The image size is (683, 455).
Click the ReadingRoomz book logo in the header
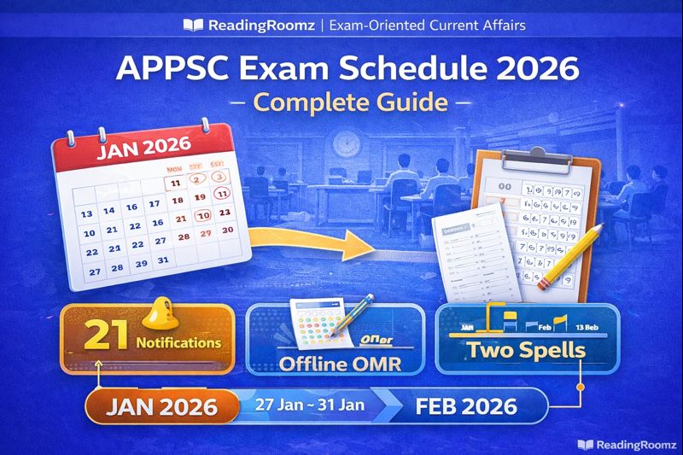click(x=193, y=25)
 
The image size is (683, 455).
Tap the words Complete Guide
click(x=341, y=102)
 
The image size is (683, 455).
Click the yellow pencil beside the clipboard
click(x=564, y=255)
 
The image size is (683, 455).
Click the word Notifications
click(x=178, y=343)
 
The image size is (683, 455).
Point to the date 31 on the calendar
click(x=163, y=261)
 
